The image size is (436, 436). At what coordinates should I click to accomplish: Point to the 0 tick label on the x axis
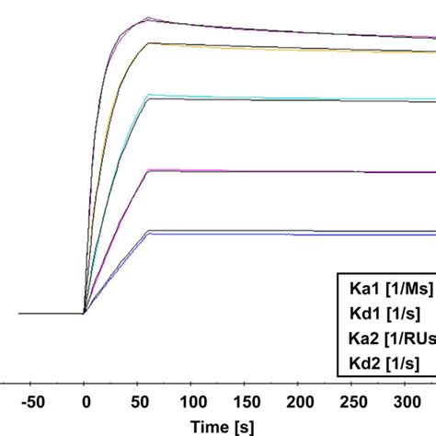pyautogui.click(x=85, y=402)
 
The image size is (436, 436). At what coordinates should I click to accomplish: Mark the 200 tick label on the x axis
pyautogui.click(x=298, y=402)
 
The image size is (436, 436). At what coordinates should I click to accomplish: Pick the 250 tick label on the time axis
pyautogui.click(x=351, y=402)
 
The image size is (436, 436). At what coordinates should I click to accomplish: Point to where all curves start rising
pyautogui.click(x=85, y=313)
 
